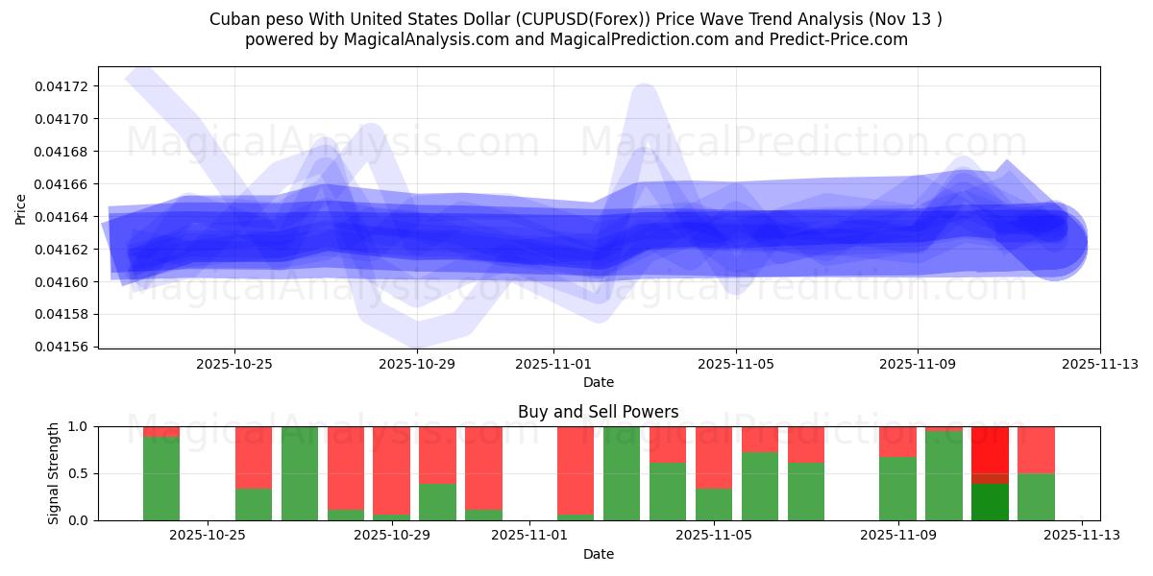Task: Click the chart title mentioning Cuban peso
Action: pyautogui.click(x=576, y=19)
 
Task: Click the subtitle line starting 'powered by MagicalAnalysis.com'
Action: pyautogui.click(x=576, y=39)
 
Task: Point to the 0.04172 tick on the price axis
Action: pyautogui.click(x=61, y=86)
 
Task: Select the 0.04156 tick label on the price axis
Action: pyautogui.click(x=61, y=347)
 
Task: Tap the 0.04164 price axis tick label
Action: pyautogui.click(x=61, y=217)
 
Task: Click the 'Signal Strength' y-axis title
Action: pyautogui.click(x=54, y=473)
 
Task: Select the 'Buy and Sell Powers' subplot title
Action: pyautogui.click(x=598, y=412)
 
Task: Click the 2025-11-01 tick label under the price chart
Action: pyautogui.click(x=553, y=365)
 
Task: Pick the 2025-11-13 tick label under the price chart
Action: pyautogui.click(x=1100, y=365)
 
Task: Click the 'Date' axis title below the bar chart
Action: pyautogui.click(x=598, y=554)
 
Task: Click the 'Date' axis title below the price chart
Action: pyautogui.click(x=598, y=382)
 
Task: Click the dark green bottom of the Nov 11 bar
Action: pyautogui.click(x=990, y=501)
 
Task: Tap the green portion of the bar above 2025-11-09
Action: pyautogui.click(x=897, y=489)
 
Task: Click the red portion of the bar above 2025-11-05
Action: pyautogui.click(x=714, y=457)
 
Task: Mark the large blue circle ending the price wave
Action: pyautogui.click(x=1055, y=242)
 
